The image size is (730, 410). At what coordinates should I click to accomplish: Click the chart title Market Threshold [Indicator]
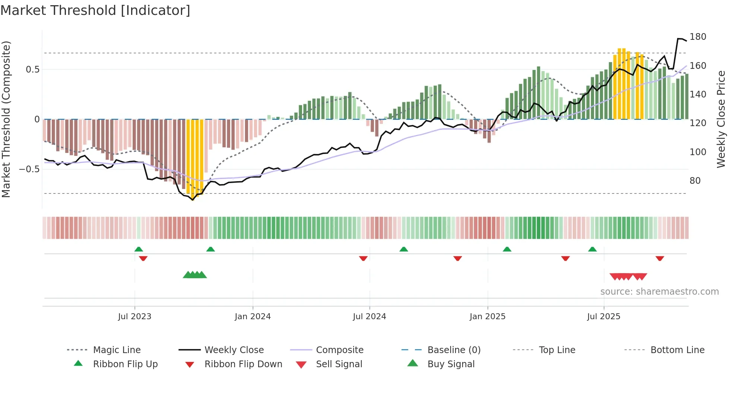[95, 10]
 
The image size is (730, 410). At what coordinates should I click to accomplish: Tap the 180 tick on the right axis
[698, 37]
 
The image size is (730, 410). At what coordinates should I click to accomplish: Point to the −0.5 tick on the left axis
[29, 169]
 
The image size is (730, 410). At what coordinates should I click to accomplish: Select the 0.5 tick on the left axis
[32, 70]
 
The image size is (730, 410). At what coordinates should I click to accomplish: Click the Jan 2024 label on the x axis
[253, 317]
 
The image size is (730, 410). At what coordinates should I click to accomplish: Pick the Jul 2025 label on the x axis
[603, 317]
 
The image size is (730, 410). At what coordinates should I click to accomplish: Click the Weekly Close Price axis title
[721, 119]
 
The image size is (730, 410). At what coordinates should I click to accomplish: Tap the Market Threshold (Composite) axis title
[6, 119]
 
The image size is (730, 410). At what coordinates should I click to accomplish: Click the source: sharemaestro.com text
[659, 292]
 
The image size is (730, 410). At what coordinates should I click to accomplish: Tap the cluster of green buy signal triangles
[195, 275]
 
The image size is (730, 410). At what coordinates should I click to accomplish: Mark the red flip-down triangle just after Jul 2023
[143, 258]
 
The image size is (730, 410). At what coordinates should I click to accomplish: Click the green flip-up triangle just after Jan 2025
[507, 249]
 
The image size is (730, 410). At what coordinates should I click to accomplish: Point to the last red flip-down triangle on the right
[660, 258]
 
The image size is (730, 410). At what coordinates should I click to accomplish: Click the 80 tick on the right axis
[695, 181]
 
